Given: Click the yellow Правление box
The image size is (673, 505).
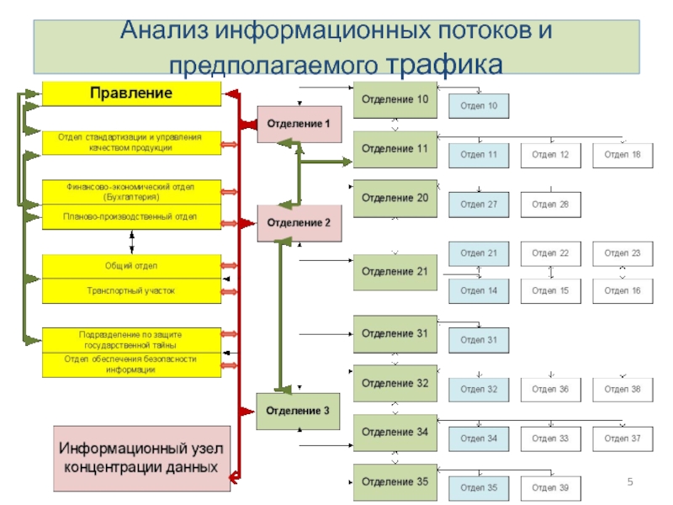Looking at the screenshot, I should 131,93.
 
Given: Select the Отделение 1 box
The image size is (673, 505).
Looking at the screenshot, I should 299,124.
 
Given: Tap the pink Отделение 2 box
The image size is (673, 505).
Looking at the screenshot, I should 299,223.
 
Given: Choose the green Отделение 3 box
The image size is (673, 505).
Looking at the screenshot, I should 299,411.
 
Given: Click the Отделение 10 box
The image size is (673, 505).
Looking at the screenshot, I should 395,100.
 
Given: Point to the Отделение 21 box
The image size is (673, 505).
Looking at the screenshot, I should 395,272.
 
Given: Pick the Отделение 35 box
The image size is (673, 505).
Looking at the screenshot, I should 395,482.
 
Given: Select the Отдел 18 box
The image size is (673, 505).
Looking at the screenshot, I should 623,155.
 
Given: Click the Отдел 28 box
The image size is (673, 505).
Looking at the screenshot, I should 551,205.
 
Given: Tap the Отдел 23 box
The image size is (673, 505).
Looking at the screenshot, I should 623,253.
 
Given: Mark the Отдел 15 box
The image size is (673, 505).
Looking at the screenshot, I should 551,290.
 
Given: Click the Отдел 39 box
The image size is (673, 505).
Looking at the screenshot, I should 551,488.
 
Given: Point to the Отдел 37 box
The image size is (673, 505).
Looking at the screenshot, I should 623,439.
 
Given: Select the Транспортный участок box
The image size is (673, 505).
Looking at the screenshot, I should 131,290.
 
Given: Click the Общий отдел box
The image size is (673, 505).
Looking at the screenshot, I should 131,267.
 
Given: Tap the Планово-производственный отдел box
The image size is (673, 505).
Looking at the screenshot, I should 131,217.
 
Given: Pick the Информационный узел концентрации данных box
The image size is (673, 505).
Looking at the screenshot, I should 141,458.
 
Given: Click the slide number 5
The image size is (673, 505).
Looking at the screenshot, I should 629,481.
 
